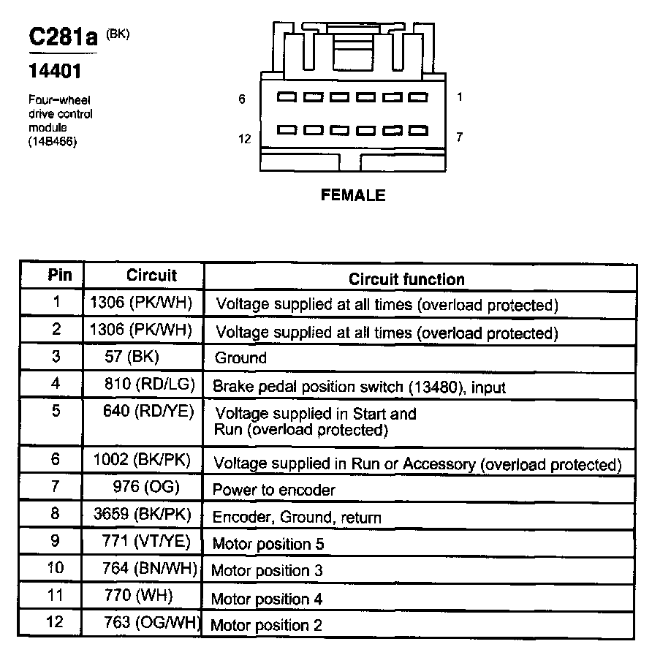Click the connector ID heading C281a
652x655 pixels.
pyautogui.click(x=63, y=37)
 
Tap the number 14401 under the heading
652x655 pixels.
pyautogui.click(x=54, y=72)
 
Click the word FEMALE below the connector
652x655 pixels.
pyautogui.click(x=352, y=195)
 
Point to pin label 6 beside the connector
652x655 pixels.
pyautogui.click(x=243, y=99)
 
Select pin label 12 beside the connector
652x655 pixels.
pyautogui.click(x=245, y=138)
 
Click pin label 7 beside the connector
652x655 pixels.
pyautogui.click(x=459, y=137)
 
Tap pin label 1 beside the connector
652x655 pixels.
pyautogui.click(x=459, y=96)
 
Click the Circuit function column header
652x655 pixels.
pyautogui.click(x=406, y=279)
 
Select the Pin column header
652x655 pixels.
pyautogui.click(x=60, y=275)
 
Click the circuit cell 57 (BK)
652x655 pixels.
pyautogui.click(x=132, y=357)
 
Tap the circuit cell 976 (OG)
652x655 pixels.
pyautogui.click(x=146, y=487)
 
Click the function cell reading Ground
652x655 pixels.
pyautogui.click(x=240, y=358)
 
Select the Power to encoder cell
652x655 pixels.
pyautogui.click(x=273, y=489)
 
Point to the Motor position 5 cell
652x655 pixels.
pyautogui.click(x=268, y=544)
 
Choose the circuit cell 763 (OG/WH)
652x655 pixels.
pyautogui.click(x=151, y=624)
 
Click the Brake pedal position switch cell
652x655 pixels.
pyautogui.click(x=358, y=386)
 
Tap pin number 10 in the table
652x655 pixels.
pyautogui.click(x=55, y=568)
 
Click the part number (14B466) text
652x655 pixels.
pyautogui.click(x=53, y=142)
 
